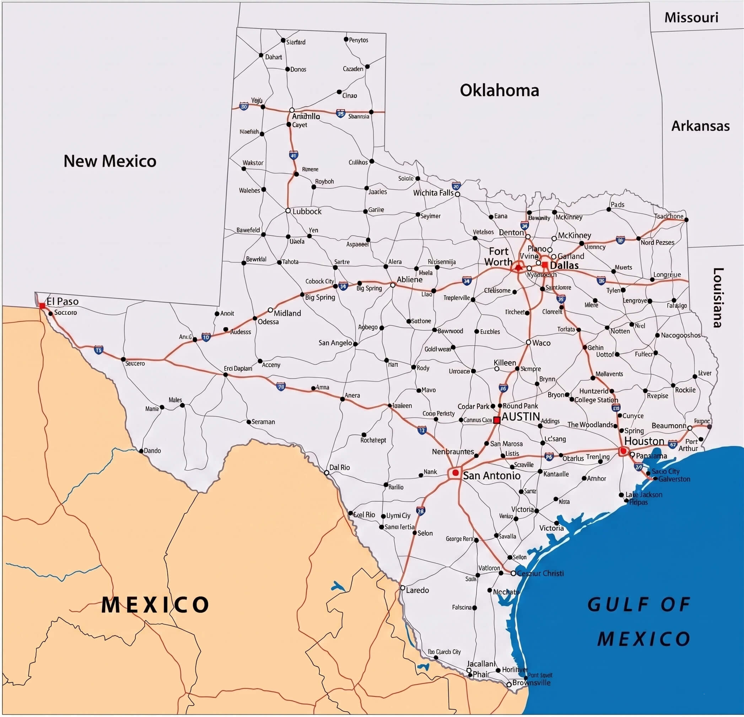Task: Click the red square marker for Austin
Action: pos(496,420)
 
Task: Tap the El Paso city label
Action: pos(63,301)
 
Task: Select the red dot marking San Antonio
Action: pos(455,473)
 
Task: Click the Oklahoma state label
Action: pos(499,90)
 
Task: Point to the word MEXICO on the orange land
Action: pos(155,605)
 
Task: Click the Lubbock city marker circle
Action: pos(288,211)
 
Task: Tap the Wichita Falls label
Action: pos(433,193)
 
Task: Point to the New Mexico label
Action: pos(110,161)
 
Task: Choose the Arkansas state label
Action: pos(700,126)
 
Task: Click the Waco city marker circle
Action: pos(528,342)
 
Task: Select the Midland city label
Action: pos(287,313)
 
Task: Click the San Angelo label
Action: pos(335,343)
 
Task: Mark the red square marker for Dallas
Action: pos(545,265)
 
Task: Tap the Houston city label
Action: pos(644,441)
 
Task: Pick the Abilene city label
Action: pos(410,279)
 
